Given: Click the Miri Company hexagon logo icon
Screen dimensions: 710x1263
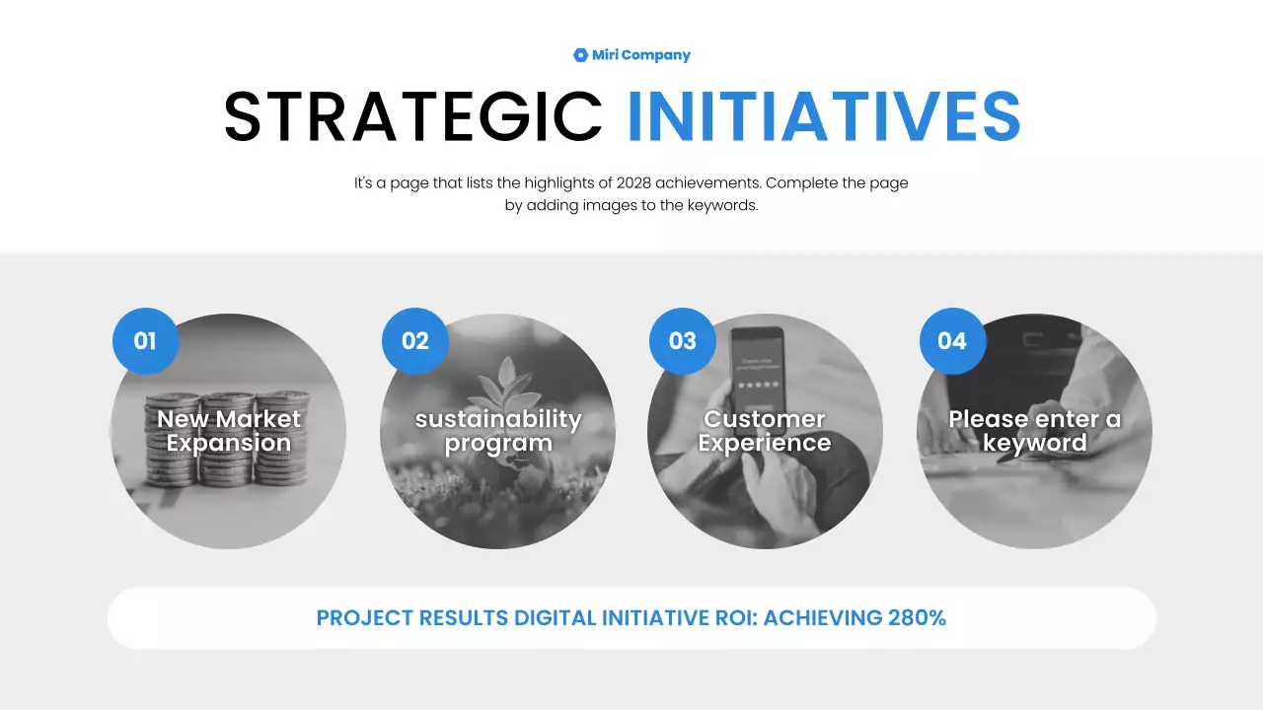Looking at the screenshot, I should pos(580,55).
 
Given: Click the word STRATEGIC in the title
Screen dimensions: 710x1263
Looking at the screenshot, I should pos(412,116).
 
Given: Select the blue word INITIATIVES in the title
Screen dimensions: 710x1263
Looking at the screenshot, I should pos(824,116).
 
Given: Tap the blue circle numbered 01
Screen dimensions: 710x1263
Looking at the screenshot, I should pos(145,341).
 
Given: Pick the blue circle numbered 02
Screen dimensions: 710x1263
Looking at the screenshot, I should pos(415,341).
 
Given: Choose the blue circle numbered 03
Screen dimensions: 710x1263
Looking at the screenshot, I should pos(683,341).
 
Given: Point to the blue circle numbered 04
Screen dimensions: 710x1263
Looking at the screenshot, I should pos(952,341).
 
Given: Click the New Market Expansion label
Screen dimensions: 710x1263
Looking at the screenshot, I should pos(229,431).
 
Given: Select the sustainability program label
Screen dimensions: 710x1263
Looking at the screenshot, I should pos(498,431).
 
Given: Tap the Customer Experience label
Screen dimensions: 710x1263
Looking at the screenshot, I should pos(765,431).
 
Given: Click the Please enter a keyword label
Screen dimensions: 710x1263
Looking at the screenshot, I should pos(1034,431).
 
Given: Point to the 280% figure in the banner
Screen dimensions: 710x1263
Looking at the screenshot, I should pos(917,618).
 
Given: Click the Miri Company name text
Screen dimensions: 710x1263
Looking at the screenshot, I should pos(641,55).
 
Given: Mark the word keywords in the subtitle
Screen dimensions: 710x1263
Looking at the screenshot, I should pos(722,206).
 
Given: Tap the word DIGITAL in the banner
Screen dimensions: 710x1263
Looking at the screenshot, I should pos(556,618).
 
